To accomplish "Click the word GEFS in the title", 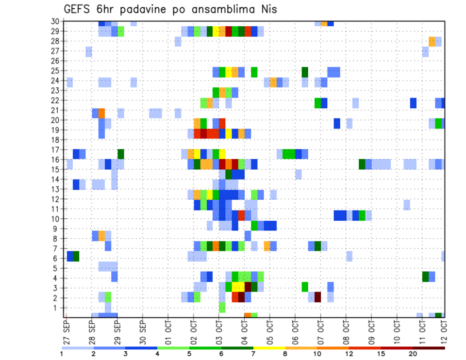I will click(x=80, y=9).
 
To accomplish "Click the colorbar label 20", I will click(x=413, y=354).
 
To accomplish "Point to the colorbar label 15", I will click(x=381, y=354).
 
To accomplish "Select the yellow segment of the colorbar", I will click(x=269, y=347).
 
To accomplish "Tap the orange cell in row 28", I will click(x=432, y=41).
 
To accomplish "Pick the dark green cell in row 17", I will click(x=121, y=154).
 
